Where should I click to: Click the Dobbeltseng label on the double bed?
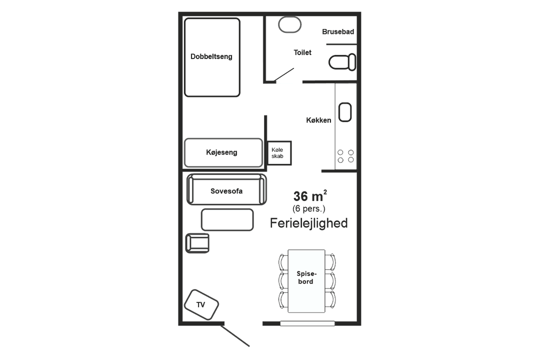(211, 56)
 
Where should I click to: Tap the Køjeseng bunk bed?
(223, 152)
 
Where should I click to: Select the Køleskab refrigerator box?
(279, 153)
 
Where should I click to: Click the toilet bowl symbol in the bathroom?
(342, 62)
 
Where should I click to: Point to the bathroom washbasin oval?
(289, 24)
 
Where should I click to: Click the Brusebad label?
(338, 31)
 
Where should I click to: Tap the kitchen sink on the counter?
(344, 112)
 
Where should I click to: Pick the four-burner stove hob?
(345, 156)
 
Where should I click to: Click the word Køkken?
(318, 120)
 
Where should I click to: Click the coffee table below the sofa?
(227, 220)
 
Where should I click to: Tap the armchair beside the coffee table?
(197, 243)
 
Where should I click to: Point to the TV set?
(201, 304)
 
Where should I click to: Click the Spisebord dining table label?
(306, 277)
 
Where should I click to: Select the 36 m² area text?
(310, 195)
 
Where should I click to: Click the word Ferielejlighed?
(308, 223)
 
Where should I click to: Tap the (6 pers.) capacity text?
(308, 208)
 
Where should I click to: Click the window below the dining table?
(307, 323)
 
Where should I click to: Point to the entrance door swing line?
(235, 336)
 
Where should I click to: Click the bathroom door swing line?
(284, 75)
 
